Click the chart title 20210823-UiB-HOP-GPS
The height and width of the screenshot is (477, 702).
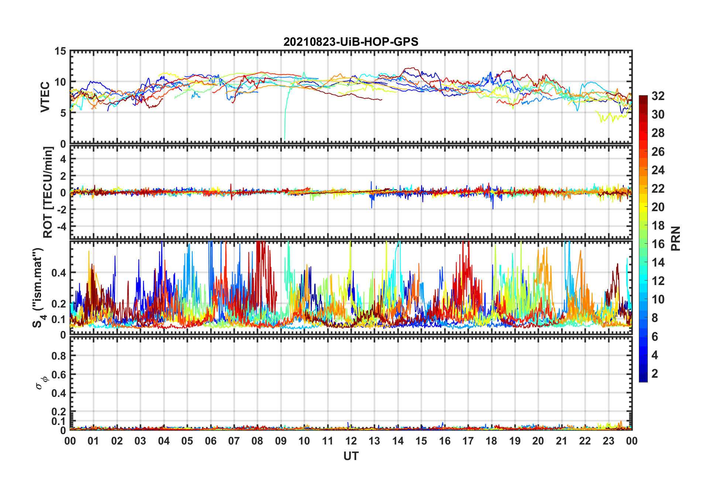pyautogui.click(x=351, y=42)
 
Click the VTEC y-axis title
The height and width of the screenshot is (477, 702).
pyautogui.click(x=45, y=97)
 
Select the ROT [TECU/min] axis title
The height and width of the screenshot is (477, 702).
pyautogui.click(x=48, y=192)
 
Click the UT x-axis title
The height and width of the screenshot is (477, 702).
pyautogui.click(x=351, y=456)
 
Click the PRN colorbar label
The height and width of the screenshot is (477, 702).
pyautogui.click(x=675, y=238)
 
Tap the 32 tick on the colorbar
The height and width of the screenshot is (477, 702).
pyautogui.click(x=658, y=96)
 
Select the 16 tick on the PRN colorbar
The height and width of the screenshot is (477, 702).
pyautogui.click(x=658, y=244)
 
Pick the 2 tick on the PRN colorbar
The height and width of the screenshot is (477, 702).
pyautogui.click(x=655, y=374)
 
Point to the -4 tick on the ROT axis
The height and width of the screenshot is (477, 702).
pyautogui.click(x=61, y=226)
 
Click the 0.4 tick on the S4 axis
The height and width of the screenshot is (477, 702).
pyautogui.click(x=59, y=273)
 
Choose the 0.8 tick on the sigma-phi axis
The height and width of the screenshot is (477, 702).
pyautogui.click(x=59, y=356)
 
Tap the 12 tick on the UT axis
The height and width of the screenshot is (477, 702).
pyautogui.click(x=351, y=441)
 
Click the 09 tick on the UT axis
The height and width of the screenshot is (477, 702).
pyautogui.click(x=281, y=441)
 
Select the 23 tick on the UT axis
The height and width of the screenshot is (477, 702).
pyautogui.click(x=608, y=441)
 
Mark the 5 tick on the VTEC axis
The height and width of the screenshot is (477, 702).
pyautogui.click(x=63, y=113)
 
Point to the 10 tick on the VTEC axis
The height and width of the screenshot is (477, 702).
pyautogui.click(x=61, y=82)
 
